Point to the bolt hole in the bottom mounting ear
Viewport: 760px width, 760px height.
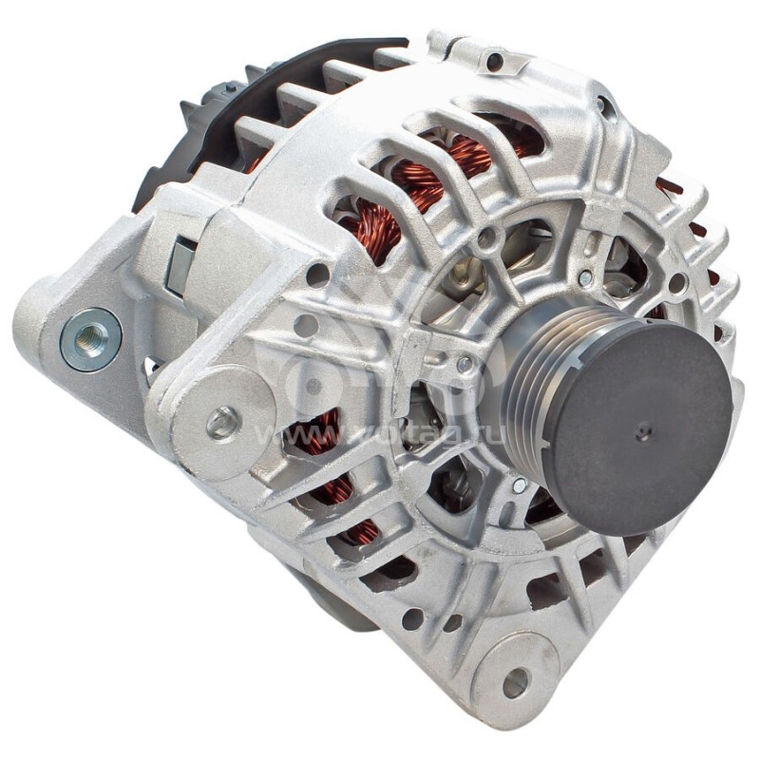516,680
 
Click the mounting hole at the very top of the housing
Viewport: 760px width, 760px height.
494,63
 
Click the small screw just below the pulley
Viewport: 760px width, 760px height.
519,485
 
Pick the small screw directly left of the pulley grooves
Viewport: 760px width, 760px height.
465,363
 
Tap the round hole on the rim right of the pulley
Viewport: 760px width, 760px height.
676,283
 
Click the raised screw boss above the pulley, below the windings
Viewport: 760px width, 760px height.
486,237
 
